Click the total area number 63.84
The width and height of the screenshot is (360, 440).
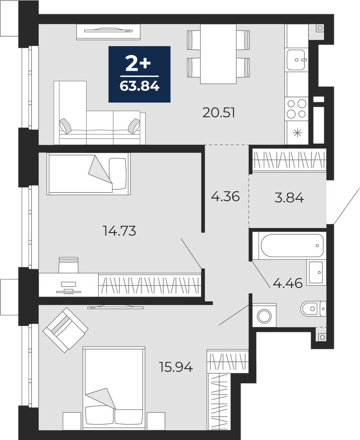pos(139,86)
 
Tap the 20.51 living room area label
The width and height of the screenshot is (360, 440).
pos(219,113)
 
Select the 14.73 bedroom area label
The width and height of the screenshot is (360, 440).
pos(119,231)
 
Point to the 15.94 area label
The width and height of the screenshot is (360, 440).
pos(176,367)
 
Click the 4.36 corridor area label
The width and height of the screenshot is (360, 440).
pos(225,196)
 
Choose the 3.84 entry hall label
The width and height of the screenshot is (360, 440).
pos(289,198)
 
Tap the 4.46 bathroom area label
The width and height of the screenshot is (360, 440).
pos(287,284)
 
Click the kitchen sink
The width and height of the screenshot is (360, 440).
pos(296,60)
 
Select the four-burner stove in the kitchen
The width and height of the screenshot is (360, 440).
pos(296,108)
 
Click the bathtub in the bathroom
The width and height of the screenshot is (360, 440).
pos(291,246)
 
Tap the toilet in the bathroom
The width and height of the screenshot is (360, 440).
pos(313,309)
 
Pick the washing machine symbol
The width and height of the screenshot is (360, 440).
pos(264,315)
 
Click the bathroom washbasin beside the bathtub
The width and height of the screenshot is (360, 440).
pos(316,273)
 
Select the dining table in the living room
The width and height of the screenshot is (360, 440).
pos(218,54)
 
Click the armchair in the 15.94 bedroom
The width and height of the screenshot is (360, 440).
pos(66,330)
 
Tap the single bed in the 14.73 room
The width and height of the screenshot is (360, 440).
pos(89,174)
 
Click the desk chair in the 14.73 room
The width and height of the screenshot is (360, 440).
pos(68,265)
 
